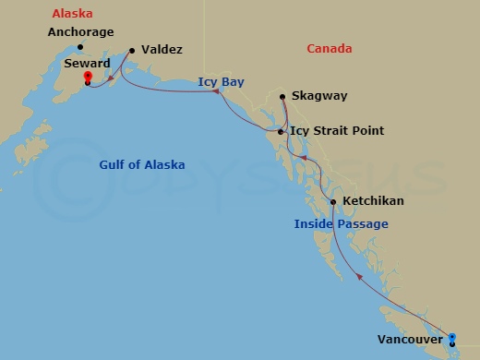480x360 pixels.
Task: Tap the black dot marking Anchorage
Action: click(x=80, y=47)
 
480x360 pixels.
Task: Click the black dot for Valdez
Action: click(x=132, y=51)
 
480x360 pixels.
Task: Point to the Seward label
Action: click(x=88, y=64)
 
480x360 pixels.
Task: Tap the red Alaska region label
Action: click(x=71, y=15)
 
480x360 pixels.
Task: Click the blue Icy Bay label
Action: click(x=219, y=82)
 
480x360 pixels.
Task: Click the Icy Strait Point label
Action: click(x=337, y=131)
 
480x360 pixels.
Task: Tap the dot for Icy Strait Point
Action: click(x=280, y=133)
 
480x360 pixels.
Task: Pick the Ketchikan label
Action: click(x=373, y=200)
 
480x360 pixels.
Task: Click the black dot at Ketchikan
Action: click(x=332, y=202)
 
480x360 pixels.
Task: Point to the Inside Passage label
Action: click(x=341, y=224)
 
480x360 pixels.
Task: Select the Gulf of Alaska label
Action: click(x=142, y=165)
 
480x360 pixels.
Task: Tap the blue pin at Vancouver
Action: click(x=451, y=338)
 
